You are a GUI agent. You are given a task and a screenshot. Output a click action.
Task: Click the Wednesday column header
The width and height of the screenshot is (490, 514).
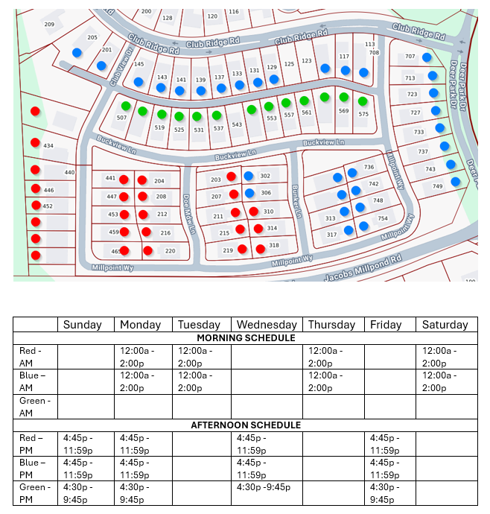pos(267,324)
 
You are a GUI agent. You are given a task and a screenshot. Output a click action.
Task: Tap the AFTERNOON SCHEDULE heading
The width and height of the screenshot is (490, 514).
pos(245,425)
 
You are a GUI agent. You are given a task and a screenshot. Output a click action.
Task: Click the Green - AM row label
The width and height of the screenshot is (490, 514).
pos(36,406)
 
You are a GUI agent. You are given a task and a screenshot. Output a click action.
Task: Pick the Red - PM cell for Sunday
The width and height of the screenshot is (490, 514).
pos(85,444)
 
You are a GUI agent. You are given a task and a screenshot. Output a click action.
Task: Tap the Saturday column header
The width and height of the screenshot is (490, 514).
pos(445,324)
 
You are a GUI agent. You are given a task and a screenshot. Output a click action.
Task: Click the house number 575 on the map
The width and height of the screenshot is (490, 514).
pos(363,115)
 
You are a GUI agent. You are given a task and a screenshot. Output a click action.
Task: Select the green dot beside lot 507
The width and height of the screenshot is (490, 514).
pos(126,105)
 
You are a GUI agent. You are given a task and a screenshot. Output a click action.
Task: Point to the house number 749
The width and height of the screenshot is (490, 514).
pos(438,186)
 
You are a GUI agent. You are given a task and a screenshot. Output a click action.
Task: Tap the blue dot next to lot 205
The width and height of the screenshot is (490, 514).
pos(77,52)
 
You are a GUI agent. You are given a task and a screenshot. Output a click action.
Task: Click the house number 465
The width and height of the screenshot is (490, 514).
pos(115,252)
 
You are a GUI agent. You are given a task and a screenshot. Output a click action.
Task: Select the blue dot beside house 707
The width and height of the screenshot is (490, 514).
pos(427,57)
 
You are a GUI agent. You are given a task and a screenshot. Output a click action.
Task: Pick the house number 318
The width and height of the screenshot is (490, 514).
pos(273,246)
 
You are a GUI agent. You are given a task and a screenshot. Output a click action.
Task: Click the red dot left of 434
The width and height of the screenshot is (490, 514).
pos(35,142)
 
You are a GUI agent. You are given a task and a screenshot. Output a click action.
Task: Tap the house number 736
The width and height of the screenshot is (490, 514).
pos(369,167)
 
